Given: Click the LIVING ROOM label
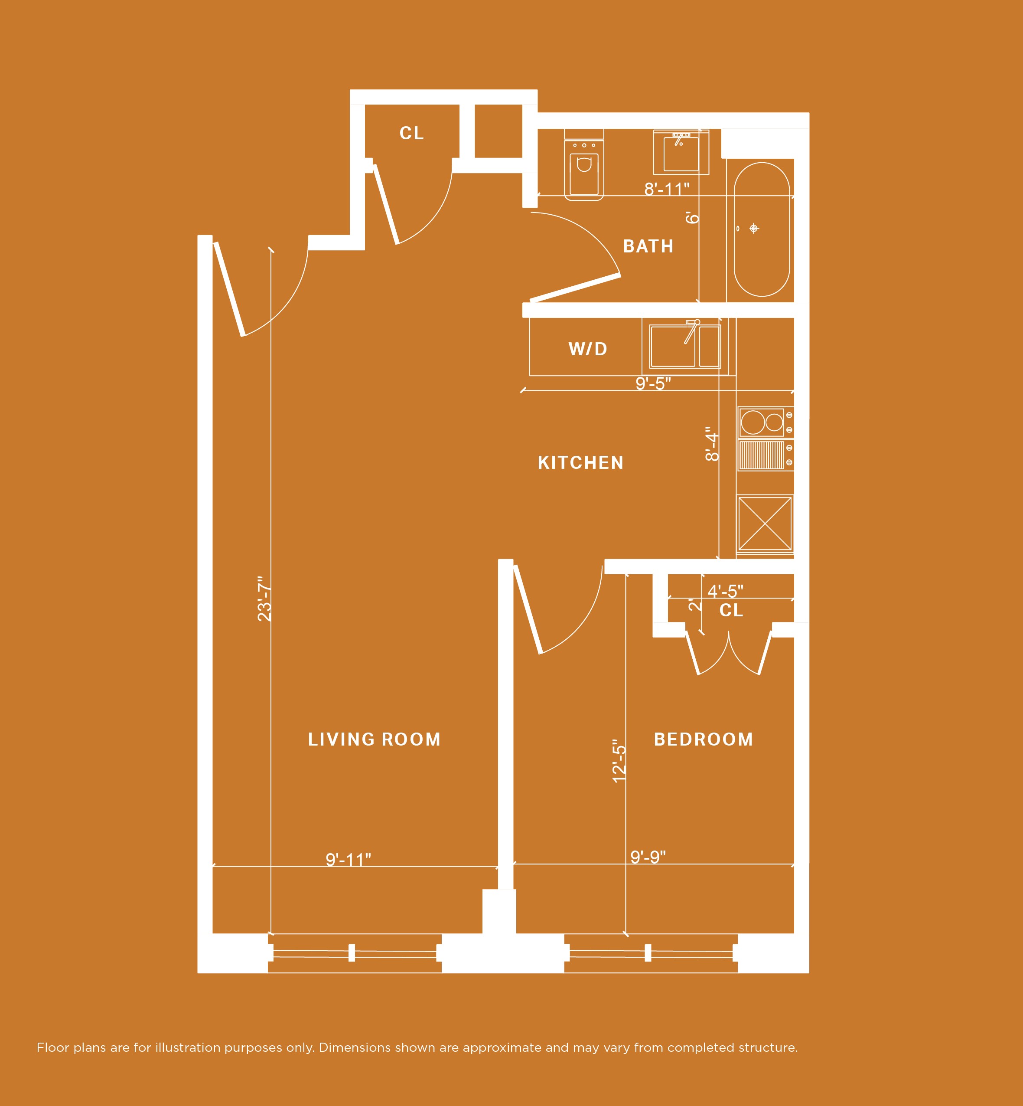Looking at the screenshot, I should pyautogui.click(x=374, y=740).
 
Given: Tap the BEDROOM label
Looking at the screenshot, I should pyautogui.click(x=703, y=740).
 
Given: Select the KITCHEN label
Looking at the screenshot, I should pyautogui.click(x=581, y=462).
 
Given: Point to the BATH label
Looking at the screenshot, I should pyautogui.click(x=648, y=246).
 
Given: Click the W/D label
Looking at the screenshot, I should pyautogui.click(x=588, y=349).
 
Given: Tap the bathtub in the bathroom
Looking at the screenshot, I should pyautogui.click(x=762, y=229).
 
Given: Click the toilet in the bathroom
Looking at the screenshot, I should pyautogui.click(x=583, y=169).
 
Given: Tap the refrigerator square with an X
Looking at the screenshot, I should pyautogui.click(x=765, y=524).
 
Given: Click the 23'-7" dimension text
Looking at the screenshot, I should pyautogui.click(x=264, y=599).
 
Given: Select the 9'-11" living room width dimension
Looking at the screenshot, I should pyautogui.click(x=348, y=860).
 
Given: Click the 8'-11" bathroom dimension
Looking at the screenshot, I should pyautogui.click(x=667, y=190).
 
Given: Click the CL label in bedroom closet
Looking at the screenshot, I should pyautogui.click(x=731, y=610).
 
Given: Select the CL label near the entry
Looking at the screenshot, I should pyautogui.click(x=412, y=133).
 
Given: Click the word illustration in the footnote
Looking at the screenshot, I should pyautogui.click(x=188, y=1047).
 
